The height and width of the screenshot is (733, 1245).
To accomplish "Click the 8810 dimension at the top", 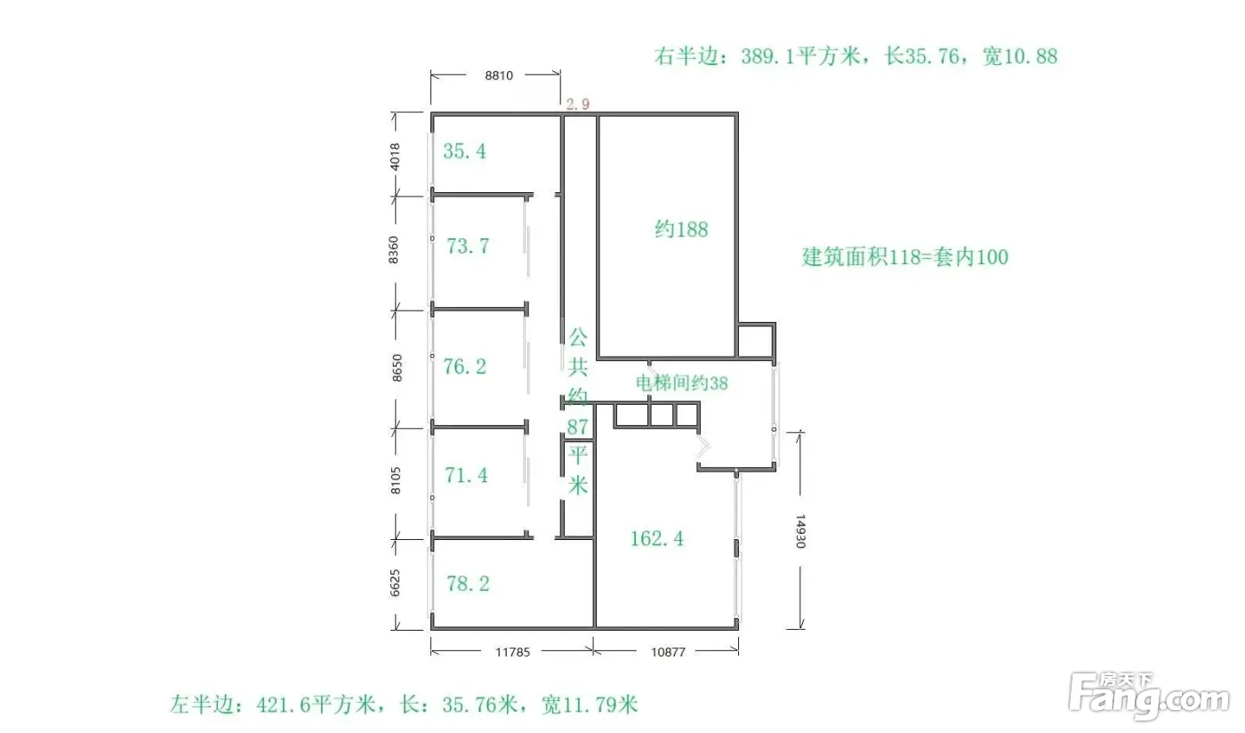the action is pos(499,75).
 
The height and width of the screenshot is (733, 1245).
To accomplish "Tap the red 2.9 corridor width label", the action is pos(577,104).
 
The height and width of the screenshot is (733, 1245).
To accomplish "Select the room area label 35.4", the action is pos(464,151).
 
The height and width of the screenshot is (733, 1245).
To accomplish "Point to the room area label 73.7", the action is pos(468,246).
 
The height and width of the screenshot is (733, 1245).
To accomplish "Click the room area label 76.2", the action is pos(464,366).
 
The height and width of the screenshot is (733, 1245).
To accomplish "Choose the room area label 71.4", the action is pos(466,475).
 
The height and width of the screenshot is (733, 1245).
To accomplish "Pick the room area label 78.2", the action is pos(468,584).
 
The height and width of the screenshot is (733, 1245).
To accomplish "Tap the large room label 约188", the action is pos(681,230).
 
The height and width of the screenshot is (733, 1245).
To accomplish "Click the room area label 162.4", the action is pos(656,538).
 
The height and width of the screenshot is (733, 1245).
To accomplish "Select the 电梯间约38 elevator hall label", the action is pos(681,383).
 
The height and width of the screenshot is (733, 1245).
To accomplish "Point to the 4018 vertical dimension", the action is pos(395,157).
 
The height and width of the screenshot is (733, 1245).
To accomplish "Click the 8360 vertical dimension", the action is pos(393,250).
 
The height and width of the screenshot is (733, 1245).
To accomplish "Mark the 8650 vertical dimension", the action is pos(397,367).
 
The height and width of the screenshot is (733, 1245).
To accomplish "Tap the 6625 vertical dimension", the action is pos(395,583).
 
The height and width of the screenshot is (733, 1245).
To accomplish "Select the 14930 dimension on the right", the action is pos(800,531).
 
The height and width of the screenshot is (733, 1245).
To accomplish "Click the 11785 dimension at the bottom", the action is pos(512,652).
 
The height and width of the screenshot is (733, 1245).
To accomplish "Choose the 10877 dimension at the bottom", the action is pos(668,652).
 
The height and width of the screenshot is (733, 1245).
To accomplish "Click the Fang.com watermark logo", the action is pos(1149,696).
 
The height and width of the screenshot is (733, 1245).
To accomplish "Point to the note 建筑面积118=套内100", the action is pos(905,257).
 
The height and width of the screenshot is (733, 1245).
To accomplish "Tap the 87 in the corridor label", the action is pos(577,427).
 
